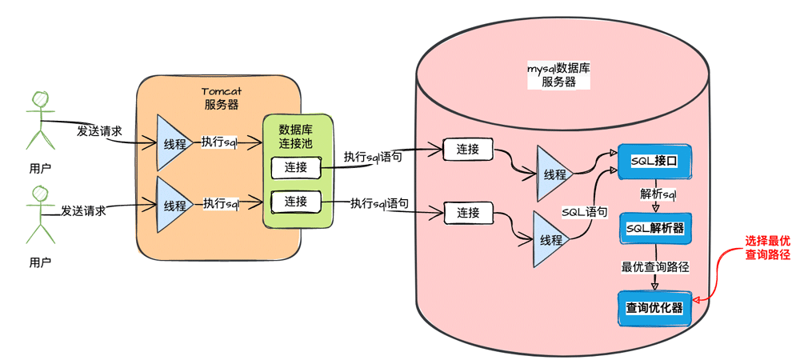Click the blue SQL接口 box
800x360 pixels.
pos(654,162)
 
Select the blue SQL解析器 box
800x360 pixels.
pos(655,229)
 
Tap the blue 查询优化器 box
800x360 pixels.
pos(654,307)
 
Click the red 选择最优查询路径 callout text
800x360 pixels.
pos(767,248)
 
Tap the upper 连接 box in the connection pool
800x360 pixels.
pos(295,167)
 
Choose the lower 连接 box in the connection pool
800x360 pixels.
pos(295,201)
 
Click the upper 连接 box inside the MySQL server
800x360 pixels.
pos(468,149)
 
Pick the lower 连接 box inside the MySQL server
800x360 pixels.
pos(468,213)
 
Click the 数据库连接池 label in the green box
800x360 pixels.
pos(295,136)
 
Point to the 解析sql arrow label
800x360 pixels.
pos(658,194)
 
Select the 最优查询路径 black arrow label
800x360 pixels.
pos(655,266)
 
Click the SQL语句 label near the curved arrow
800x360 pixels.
pos(584,212)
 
